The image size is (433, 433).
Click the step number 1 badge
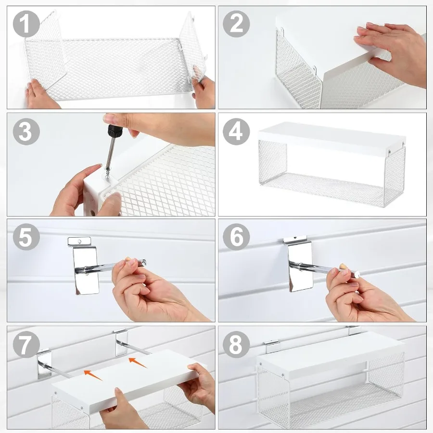[26, 24]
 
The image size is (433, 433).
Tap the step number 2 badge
[236, 24]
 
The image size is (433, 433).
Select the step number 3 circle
[26, 131]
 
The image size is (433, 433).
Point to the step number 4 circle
[236, 131]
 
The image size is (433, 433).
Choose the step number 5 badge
[26, 237]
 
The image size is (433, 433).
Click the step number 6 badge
[236, 237]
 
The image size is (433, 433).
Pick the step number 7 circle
[26, 344]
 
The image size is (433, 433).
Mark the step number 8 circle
[236, 344]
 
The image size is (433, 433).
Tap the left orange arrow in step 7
[93, 375]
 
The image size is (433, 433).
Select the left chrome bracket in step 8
[272, 346]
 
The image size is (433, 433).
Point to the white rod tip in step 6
[357, 274]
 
